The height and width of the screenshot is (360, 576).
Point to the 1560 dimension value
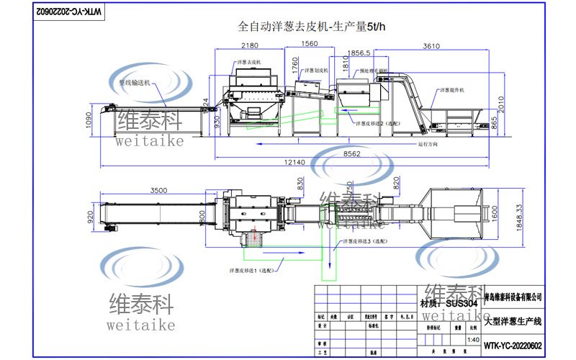[307, 44]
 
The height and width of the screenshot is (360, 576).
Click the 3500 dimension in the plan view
[159, 190]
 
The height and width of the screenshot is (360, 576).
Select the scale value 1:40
[472, 340]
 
